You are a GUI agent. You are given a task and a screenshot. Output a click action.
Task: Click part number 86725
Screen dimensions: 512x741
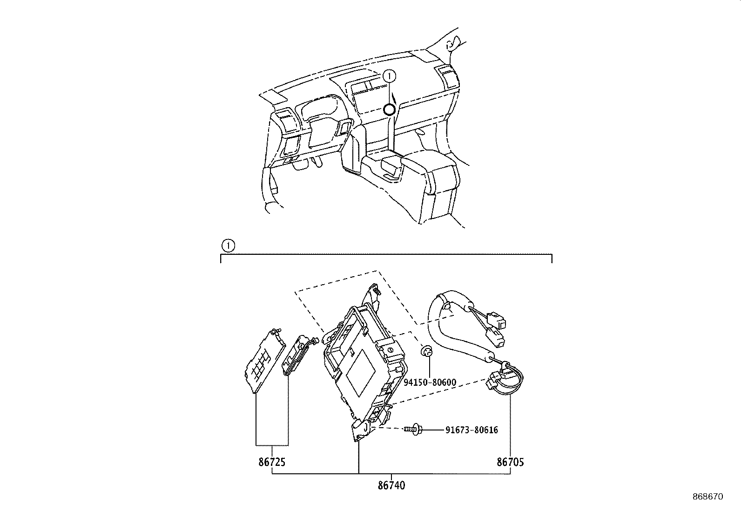click(272, 462)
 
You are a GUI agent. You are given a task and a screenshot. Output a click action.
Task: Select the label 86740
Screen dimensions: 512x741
click(391, 485)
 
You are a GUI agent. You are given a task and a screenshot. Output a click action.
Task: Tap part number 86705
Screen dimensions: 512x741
click(510, 462)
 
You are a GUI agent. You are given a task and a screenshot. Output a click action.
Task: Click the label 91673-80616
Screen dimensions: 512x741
click(472, 430)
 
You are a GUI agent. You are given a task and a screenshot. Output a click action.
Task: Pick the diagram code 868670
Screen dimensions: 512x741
click(707, 497)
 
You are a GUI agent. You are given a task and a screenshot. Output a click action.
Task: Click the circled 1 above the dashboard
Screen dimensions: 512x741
click(390, 75)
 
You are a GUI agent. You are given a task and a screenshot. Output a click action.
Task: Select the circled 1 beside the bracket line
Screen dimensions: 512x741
click(228, 245)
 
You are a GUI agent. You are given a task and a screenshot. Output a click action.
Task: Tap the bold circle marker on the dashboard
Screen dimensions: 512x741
click(389, 110)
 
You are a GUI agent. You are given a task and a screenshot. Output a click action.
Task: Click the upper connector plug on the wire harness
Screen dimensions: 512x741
click(499, 321)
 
